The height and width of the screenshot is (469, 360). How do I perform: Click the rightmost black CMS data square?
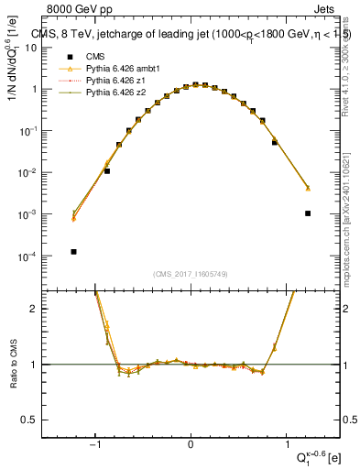308,213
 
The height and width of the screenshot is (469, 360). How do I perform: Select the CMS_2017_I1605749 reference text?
191,274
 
